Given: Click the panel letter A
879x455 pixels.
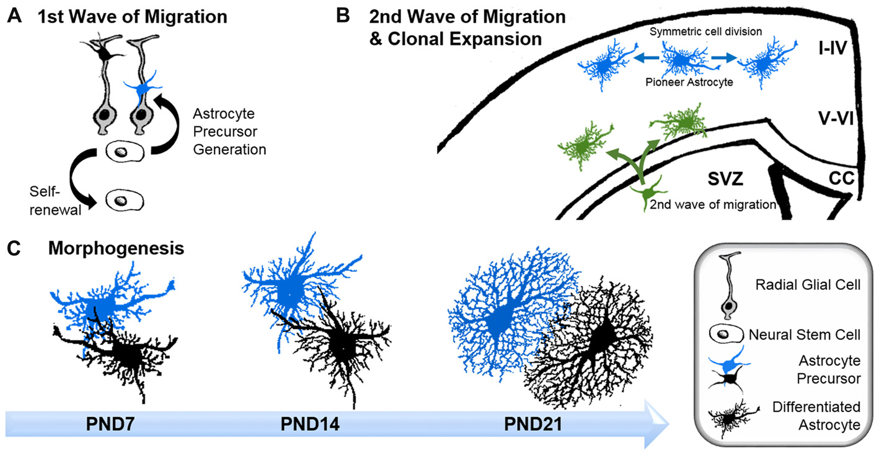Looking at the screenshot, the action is point(14,16).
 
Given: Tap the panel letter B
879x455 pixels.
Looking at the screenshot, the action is point(343,16).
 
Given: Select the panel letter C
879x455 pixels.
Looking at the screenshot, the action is point(14,250).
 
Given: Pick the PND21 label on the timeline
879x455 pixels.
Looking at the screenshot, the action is point(532,427).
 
